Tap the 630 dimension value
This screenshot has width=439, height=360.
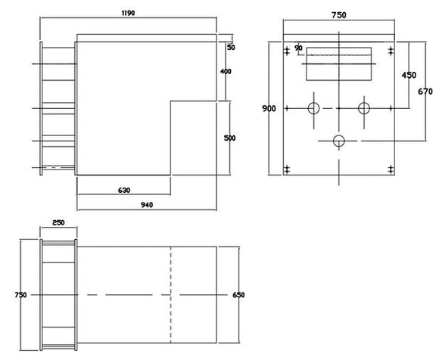123,190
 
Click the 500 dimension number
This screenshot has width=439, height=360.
230,138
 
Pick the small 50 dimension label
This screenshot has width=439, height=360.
230,47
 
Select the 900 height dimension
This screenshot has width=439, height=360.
269,109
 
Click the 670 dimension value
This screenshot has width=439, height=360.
425,92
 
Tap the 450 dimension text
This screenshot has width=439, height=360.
409,76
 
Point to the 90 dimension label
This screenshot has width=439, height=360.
298,48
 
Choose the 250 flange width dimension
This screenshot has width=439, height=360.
58,223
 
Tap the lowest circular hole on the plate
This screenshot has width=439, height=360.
339,140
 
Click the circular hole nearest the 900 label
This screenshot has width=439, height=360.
313,109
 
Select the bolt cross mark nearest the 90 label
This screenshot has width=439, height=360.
286,51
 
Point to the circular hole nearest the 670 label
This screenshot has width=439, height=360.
363,109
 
